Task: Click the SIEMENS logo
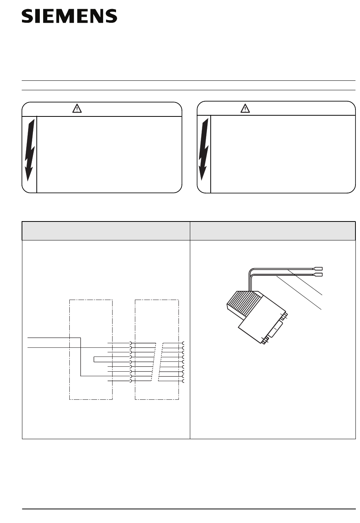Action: click(69, 16)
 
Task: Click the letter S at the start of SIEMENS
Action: click(27, 16)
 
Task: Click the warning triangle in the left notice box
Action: click(77, 108)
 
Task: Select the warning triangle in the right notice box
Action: click(245, 108)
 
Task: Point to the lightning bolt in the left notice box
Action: click(30, 150)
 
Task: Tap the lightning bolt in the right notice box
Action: click(203, 149)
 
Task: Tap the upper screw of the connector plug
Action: click(284, 317)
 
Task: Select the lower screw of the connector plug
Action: click(265, 341)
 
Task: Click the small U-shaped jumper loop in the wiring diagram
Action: click(94, 359)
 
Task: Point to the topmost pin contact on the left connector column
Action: click(130, 343)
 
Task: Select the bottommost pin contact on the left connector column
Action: click(130, 381)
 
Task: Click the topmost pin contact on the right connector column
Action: click(183, 343)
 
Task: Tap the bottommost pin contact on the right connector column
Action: click(183, 381)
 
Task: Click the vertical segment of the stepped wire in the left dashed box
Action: click(81, 357)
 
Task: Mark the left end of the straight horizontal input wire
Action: click(28, 348)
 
